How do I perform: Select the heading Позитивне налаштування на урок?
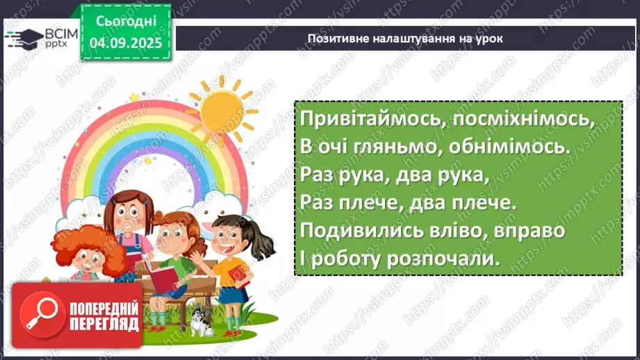point(404,39)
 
